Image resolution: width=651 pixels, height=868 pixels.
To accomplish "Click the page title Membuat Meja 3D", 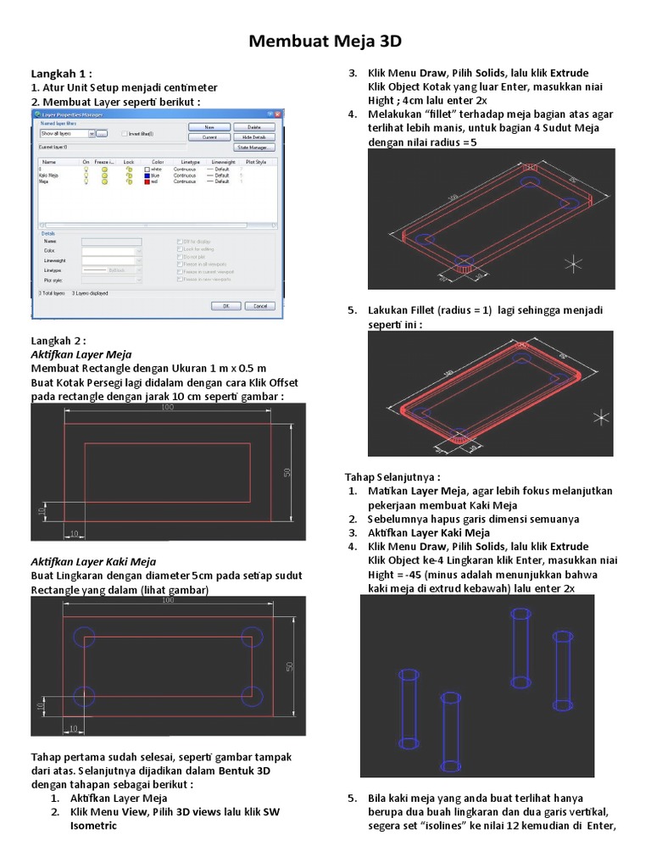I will pos(325,41).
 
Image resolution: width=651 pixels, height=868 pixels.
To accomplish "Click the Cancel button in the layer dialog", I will pos(260,306).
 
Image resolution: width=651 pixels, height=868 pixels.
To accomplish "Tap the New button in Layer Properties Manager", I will pos(209,126).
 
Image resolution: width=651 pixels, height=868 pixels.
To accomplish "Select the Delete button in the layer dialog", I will pos(253,126).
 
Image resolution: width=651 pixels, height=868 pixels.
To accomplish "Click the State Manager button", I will pos(253,147).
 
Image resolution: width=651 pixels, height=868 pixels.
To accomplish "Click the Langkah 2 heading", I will pos(59,341).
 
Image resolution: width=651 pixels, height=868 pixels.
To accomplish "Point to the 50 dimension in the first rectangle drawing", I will pos(287,472).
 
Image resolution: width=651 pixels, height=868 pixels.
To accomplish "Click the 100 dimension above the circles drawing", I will pos(167,600).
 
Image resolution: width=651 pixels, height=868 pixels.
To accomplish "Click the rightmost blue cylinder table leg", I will pos(561,670).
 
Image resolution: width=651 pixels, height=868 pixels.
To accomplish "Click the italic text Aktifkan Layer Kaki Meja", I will pos(93,561).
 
